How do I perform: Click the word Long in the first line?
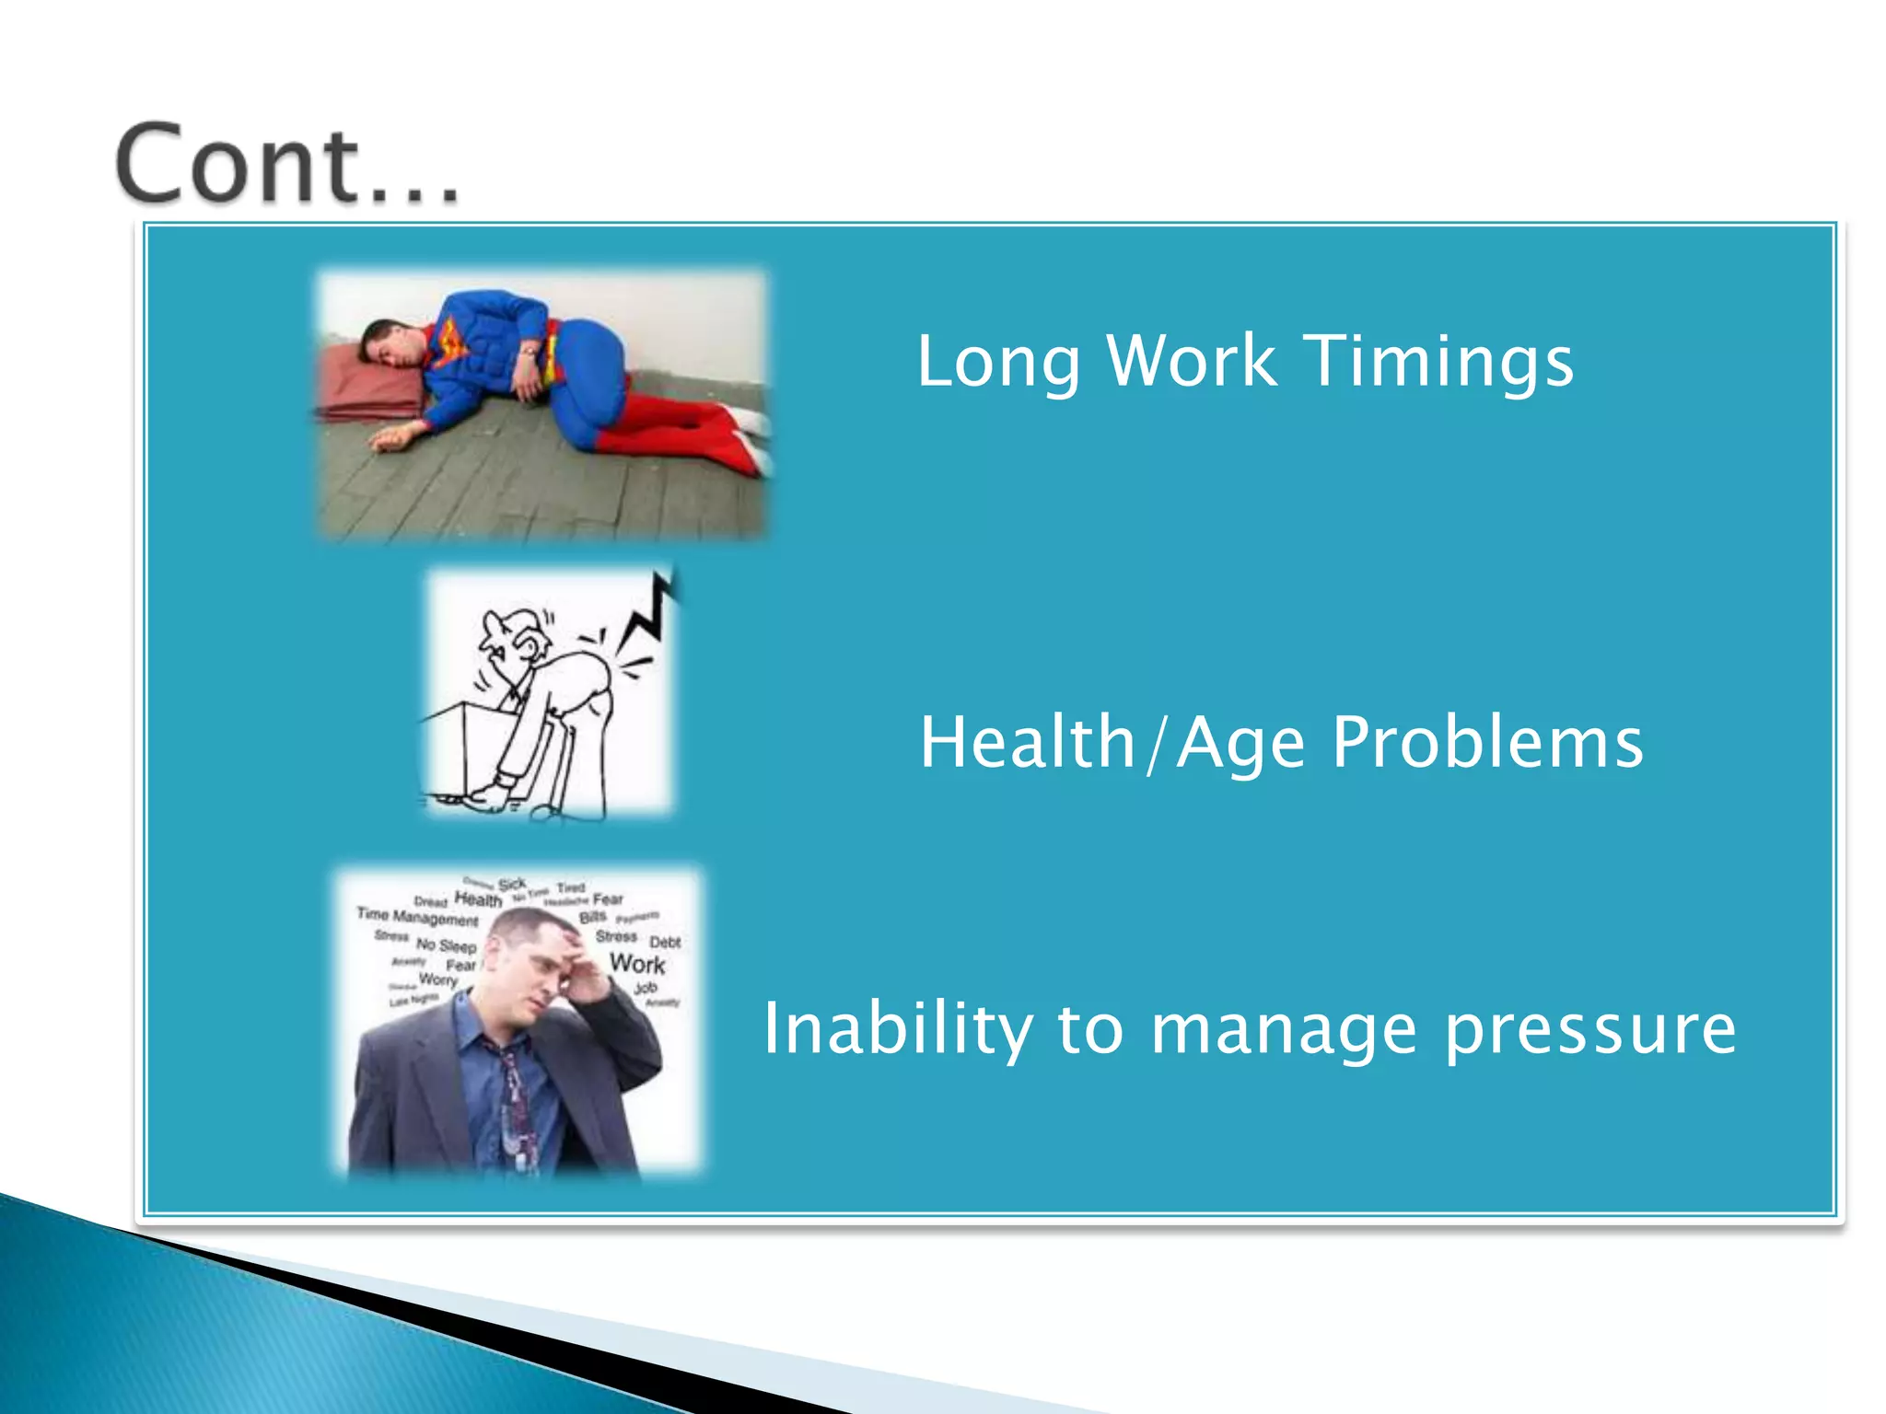point(997,362)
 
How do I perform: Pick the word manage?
point(1284,1030)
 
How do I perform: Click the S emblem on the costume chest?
point(448,342)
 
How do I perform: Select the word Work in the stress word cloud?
point(637,964)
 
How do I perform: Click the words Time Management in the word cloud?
point(417,916)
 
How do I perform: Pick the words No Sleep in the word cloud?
point(446,945)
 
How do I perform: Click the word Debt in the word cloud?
point(665,942)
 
